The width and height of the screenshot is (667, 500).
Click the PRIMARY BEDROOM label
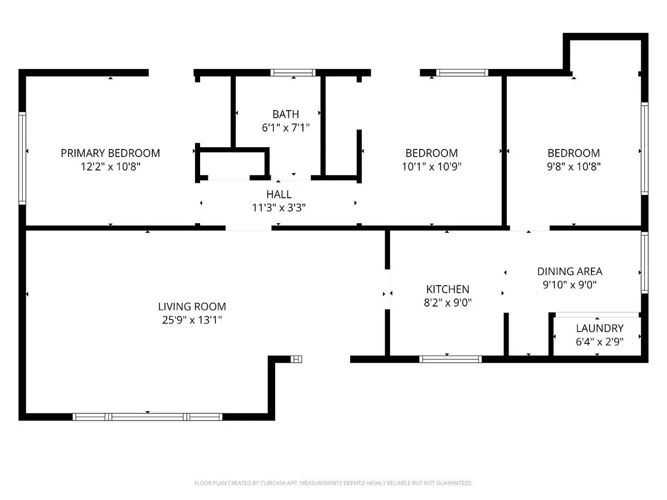(x=110, y=153)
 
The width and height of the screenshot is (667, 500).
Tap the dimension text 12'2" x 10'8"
(x=110, y=166)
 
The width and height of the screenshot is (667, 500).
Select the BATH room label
(x=281, y=114)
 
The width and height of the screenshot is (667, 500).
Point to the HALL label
(x=278, y=194)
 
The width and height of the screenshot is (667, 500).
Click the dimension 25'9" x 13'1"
(x=192, y=319)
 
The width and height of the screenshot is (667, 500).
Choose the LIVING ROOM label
(x=192, y=306)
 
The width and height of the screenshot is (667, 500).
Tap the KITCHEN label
(x=447, y=289)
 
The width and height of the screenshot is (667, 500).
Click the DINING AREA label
(x=569, y=272)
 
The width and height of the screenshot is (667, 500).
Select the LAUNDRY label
(x=599, y=328)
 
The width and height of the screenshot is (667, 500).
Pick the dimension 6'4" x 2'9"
(x=599, y=342)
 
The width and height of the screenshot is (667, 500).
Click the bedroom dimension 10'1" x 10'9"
(x=431, y=166)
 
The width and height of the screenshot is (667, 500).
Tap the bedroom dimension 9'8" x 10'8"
(x=574, y=166)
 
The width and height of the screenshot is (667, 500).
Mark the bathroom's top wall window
(x=293, y=72)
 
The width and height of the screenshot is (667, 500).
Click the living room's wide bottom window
(x=148, y=416)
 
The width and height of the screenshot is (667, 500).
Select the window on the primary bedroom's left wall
(x=23, y=158)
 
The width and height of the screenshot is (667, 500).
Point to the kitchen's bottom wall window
(x=450, y=359)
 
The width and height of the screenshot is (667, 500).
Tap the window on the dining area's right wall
(x=644, y=262)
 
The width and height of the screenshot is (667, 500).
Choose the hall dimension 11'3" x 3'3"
(x=278, y=208)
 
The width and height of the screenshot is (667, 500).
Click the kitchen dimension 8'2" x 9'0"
(x=447, y=302)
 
